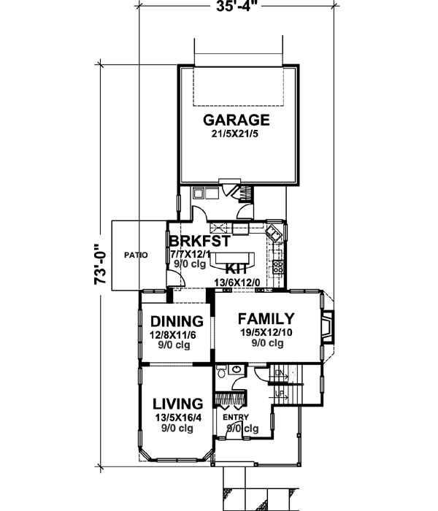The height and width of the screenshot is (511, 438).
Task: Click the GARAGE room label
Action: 237,120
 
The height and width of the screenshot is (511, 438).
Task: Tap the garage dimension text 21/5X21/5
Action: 237,134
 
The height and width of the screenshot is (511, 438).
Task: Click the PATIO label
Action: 136,255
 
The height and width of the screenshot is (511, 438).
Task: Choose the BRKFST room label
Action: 199,241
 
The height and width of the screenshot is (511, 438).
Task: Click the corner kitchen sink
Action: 274,233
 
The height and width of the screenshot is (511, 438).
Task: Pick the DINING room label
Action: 176,321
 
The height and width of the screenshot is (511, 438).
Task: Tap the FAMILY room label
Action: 266,318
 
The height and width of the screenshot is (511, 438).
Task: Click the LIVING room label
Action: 177,404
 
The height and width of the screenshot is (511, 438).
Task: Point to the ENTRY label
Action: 237,418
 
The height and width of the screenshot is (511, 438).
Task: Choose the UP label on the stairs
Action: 280,393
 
